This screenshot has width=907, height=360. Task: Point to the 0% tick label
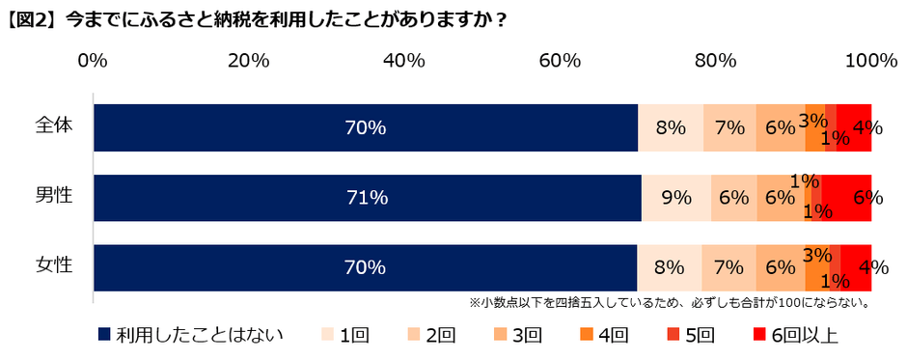(x=93, y=61)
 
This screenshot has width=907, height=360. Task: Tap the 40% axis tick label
(x=404, y=61)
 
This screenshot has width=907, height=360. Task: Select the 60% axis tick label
(x=560, y=61)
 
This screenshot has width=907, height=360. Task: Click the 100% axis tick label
(x=870, y=61)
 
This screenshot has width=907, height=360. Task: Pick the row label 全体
(x=53, y=125)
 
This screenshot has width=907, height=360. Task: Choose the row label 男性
(x=53, y=197)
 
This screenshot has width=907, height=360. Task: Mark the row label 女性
(x=53, y=266)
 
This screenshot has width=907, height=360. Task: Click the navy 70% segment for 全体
(x=366, y=126)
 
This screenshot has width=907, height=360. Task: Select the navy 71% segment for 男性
(x=368, y=198)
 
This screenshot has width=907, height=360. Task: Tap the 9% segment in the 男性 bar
(x=676, y=198)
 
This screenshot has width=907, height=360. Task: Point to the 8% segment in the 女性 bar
(x=670, y=267)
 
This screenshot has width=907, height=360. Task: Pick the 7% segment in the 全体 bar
(x=729, y=126)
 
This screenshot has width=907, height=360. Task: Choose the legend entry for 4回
(x=602, y=335)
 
